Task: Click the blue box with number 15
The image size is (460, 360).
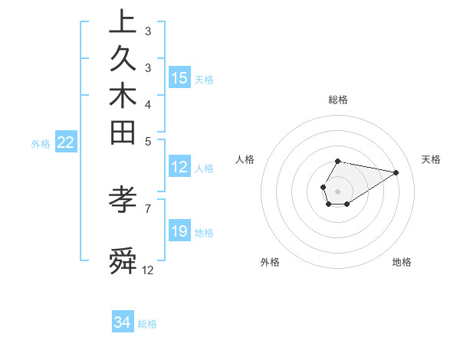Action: click(179, 78)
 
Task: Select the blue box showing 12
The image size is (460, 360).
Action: click(179, 168)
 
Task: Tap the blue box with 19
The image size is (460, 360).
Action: click(179, 231)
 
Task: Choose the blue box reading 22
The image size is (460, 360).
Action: click(66, 142)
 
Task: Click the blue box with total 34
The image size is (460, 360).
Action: click(123, 323)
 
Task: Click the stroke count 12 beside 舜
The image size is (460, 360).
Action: click(148, 270)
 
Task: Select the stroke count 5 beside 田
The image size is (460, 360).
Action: click(148, 142)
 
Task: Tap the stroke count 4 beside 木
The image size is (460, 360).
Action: click(148, 104)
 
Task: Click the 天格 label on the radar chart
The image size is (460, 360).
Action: click(431, 159)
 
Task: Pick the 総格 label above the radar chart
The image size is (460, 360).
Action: click(338, 100)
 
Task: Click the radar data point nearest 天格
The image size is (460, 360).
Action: click(396, 172)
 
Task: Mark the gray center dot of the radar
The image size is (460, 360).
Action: click(337, 190)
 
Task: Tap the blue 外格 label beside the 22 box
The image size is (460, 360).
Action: click(41, 143)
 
